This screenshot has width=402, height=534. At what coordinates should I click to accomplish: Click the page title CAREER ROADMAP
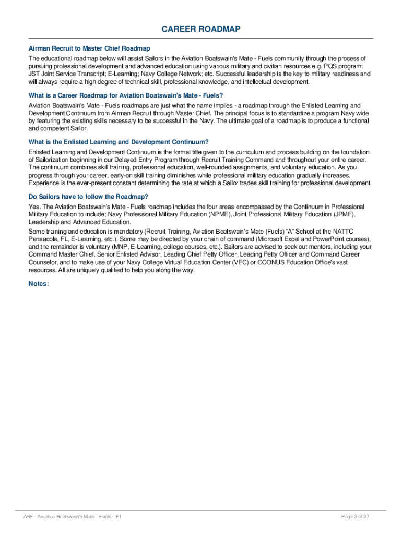201,29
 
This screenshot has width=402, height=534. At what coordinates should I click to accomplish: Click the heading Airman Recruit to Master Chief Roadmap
89,48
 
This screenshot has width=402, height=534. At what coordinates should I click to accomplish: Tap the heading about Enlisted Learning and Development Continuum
119,142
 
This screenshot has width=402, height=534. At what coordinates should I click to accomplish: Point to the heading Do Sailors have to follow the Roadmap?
88,197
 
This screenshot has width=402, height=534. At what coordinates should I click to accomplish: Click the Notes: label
39,284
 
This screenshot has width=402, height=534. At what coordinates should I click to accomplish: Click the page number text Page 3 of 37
356,516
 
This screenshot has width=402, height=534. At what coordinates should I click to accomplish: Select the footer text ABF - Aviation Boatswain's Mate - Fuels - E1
73,516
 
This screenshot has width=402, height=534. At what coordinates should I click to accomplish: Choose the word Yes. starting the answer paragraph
34,207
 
